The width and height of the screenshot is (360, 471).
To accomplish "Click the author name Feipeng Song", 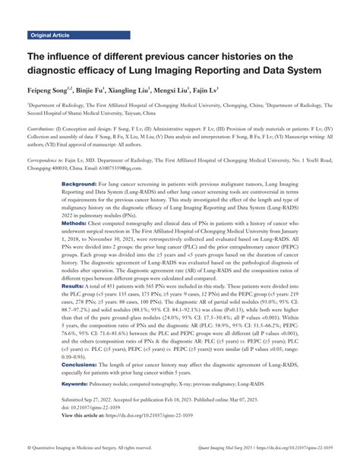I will point(54,90).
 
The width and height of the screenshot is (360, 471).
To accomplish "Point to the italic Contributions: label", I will point(44,129).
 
